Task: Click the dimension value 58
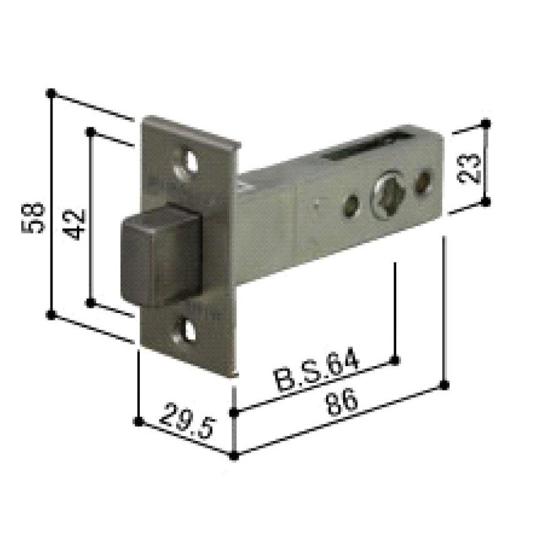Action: click(36, 217)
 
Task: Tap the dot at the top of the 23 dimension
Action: click(485, 124)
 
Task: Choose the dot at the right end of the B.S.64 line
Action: click(395, 359)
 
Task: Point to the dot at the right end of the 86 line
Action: click(445, 384)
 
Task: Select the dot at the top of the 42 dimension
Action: click(91, 132)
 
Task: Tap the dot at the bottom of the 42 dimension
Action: click(91, 303)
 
